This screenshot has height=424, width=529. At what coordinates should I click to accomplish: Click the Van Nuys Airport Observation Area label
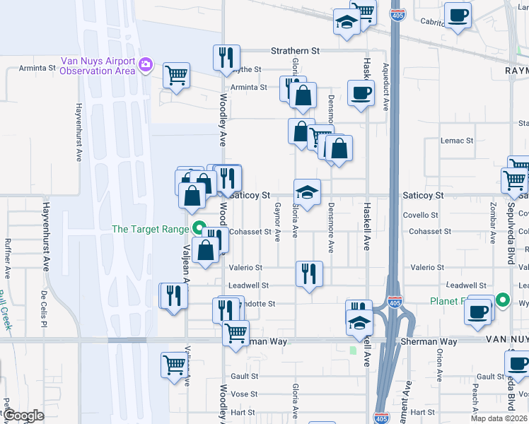click(x=98, y=66)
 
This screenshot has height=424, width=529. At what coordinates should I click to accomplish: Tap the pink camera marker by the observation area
click(x=146, y=66)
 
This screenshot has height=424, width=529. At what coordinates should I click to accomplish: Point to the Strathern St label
click(x=296, y=51)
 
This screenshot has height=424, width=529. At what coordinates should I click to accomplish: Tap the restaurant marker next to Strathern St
click(x=226, y=57)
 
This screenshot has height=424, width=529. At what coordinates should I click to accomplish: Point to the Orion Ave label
click(x=439, y=365)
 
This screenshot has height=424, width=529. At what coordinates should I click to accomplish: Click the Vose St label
click(x=244, y=394)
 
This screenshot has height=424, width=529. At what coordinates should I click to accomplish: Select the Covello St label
click(x=421, y=214)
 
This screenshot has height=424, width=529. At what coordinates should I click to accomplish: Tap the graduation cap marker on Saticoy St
click(x=307, y=192)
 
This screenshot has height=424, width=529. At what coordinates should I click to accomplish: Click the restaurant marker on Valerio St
click(x=308, y=273)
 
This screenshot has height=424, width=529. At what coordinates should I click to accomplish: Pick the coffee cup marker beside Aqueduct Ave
click(x=361, y=93)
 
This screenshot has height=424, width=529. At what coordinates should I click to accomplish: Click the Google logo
click(x=24, y=416)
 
